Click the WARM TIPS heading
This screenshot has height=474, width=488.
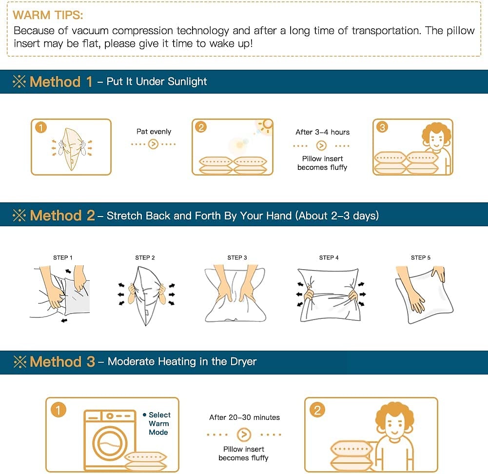point(48,15)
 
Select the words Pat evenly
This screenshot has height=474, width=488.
point(154,132)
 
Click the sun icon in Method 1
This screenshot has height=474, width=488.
point(266,125)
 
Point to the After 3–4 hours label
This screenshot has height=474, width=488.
point(322,132)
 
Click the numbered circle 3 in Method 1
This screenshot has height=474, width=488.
point(382,127)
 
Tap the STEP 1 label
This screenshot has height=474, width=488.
point(62,257)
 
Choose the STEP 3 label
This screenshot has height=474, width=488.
point(237,257)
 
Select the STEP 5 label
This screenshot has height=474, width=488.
point(420,257)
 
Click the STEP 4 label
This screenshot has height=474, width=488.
point(329,257)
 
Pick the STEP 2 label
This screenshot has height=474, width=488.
point(145,257)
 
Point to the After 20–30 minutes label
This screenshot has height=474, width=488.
point(244,417)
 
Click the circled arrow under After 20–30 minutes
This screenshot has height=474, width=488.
point(244,434)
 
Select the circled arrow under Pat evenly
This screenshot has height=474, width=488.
point(153,144)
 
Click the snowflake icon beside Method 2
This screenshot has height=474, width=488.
point(19,216)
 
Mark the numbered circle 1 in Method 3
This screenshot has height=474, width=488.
point(58,410)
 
